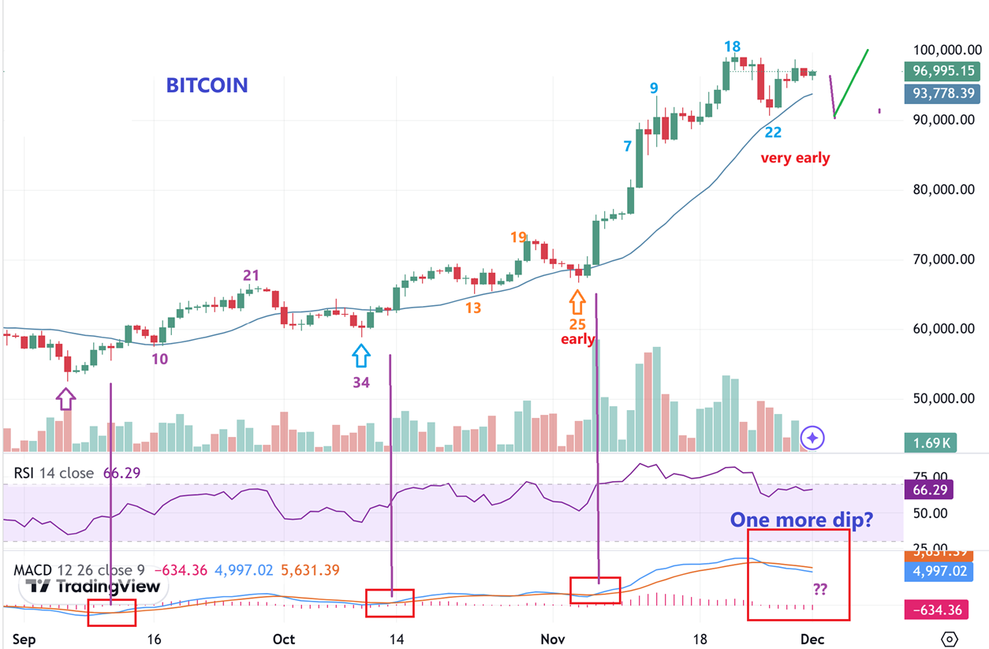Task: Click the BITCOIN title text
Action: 207,85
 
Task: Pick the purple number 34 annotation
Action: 361,383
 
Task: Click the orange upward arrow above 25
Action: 577,301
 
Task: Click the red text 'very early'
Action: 795,158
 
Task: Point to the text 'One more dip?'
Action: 801,520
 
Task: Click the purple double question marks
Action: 819,588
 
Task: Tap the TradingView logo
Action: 92,586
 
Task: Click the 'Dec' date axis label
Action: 812,639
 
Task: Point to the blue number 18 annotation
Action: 733,47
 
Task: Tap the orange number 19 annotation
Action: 518,237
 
